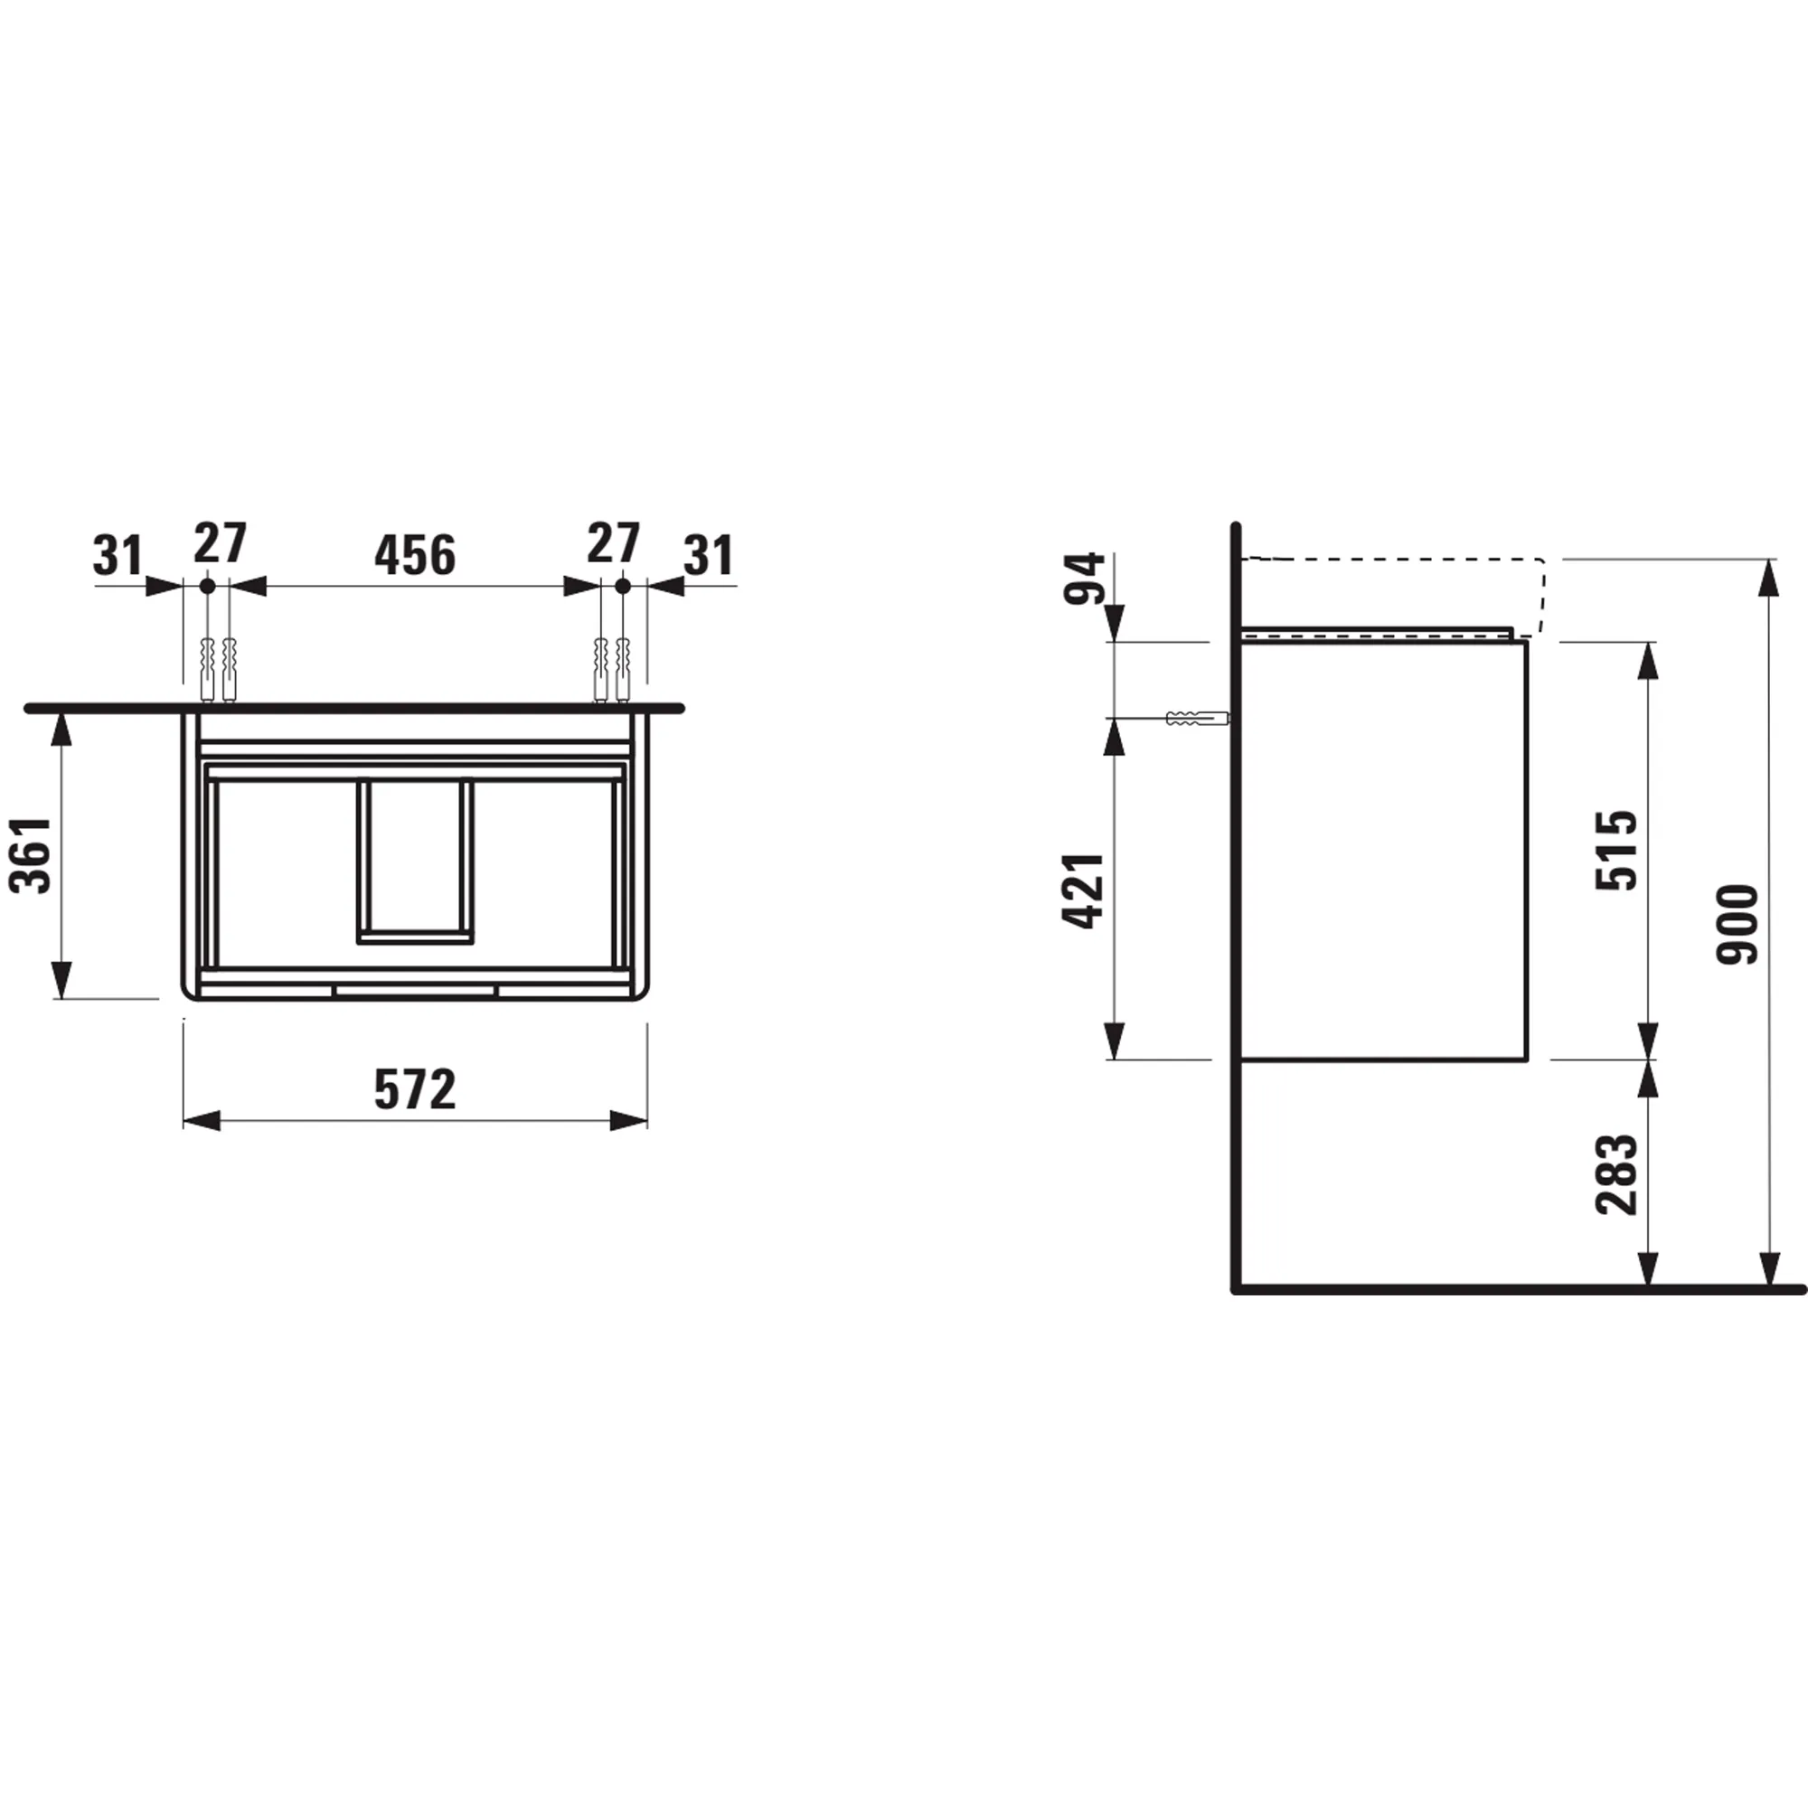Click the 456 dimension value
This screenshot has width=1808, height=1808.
[415, 556]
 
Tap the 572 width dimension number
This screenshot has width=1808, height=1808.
[415, 1089]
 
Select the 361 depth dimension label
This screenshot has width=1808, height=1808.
[31, 854]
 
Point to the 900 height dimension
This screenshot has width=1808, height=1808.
[1737, 924]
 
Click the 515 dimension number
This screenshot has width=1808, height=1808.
[1616, 850]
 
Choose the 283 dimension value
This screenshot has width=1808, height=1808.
[1616, 1174]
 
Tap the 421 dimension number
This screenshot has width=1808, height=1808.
[1083, 891]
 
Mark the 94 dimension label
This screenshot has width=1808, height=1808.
[1085, 579]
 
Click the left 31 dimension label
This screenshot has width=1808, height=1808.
[118, 556]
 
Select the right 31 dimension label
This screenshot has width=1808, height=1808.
[709, 556]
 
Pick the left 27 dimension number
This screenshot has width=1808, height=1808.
[220, 543]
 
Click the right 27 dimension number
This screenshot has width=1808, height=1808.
[613, 543]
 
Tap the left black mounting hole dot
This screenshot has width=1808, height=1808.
[207, 586]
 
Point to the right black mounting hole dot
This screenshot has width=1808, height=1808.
[622, 586]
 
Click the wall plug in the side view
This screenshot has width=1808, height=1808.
[1194, 719]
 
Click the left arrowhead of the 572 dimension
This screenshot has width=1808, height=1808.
[201, 1121]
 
